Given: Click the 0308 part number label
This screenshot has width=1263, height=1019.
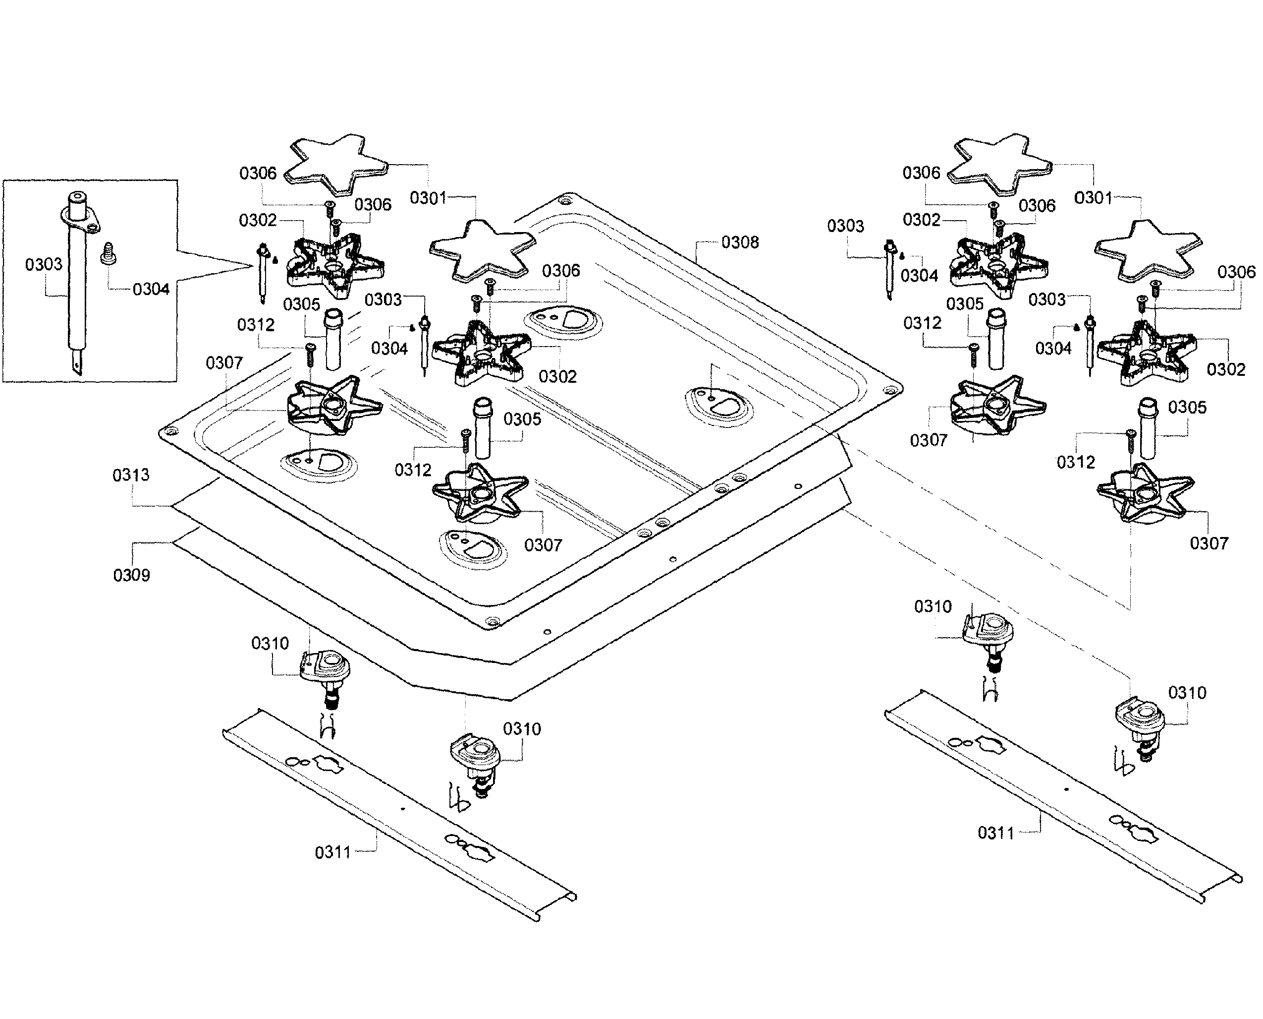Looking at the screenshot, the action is tap(740, 242).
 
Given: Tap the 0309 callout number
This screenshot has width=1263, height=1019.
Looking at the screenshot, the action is tap(131, 575).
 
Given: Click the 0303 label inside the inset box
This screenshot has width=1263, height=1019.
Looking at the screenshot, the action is tap(44, 264).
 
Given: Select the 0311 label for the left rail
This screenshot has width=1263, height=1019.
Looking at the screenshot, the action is tap(332, 852).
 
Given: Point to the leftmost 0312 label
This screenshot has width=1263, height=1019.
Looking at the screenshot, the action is tap(256, 325).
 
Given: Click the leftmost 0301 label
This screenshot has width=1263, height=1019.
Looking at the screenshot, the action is tap(428, 198).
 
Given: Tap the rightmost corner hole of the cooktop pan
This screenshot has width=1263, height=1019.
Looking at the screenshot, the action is tap(892, 389).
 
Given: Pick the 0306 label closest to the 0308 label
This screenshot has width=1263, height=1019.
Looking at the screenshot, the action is tap(561, 271).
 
